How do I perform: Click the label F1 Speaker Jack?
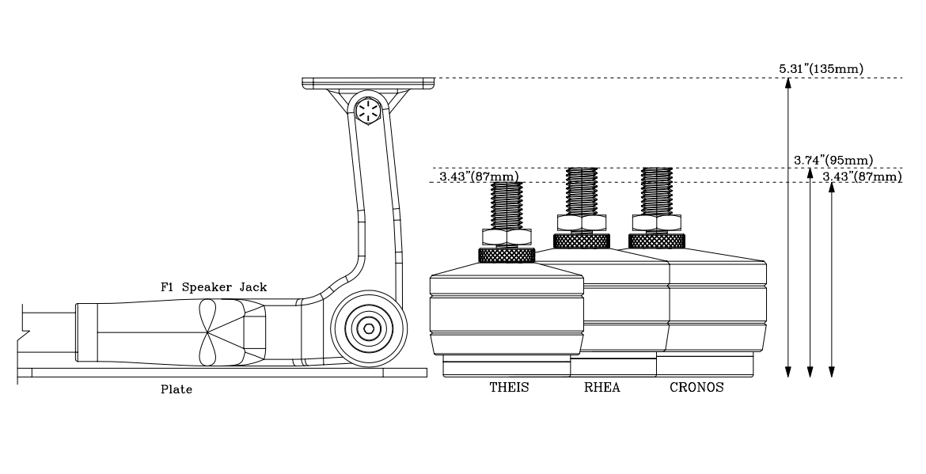[214, 288]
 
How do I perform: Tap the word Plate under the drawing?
[176, 389]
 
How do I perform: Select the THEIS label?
[509, 388]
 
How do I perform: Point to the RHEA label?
[602, 388]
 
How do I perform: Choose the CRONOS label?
[696, 388]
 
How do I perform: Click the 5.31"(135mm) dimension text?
[821, 69]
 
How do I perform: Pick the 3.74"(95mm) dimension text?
[833, 161]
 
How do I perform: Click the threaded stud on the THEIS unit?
[507, 204]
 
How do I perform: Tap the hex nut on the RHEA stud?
[582, 222]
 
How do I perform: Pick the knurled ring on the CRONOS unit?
[656, 241]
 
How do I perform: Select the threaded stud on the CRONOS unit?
[657, 190]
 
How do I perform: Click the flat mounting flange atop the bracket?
[368, 82]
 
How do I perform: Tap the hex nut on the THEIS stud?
[507, 237]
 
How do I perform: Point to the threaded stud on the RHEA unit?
[582, 190]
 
